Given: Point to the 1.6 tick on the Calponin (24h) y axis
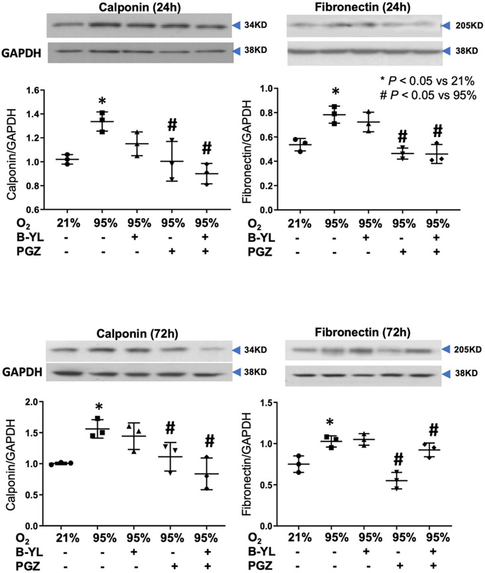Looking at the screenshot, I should pos(34,89).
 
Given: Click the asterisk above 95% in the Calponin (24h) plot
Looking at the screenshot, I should pos(102,102).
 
